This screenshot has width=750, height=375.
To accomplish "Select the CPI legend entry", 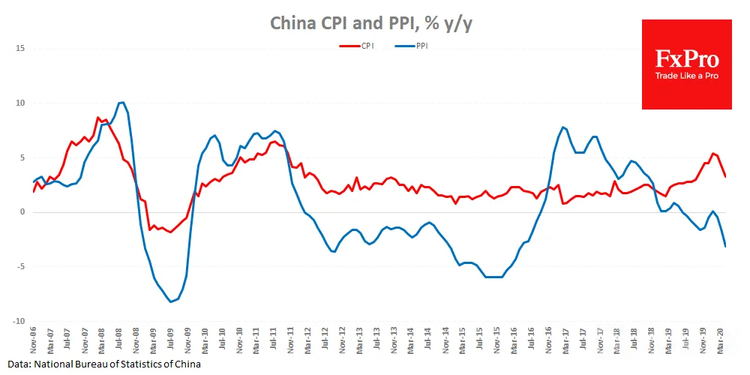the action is (357, 46).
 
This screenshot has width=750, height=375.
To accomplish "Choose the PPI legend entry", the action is (411, 46).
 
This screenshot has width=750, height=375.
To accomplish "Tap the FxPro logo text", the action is (686, 60).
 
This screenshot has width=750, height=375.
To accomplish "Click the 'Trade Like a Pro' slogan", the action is (686, 76).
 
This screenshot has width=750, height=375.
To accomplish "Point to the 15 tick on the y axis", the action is (20, 49).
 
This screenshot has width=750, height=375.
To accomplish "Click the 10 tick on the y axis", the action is (20, 103).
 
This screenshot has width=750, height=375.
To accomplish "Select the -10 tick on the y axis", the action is (19, 322).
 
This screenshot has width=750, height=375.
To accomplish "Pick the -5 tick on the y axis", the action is (20, 267).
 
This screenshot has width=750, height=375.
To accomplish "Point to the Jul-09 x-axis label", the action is (171, 340).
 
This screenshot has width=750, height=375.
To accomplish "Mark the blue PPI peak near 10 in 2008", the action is (121, 102).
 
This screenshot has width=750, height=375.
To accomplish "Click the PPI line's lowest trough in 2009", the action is (171, 301).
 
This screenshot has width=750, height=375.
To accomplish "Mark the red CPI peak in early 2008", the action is (97, 118).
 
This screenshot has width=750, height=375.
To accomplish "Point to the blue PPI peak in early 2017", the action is (563, 127).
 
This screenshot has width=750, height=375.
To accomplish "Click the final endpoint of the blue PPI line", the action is (725, 246).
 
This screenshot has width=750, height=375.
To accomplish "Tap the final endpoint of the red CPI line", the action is (725, 176).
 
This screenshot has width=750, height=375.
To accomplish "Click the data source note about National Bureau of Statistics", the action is (103, 364).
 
